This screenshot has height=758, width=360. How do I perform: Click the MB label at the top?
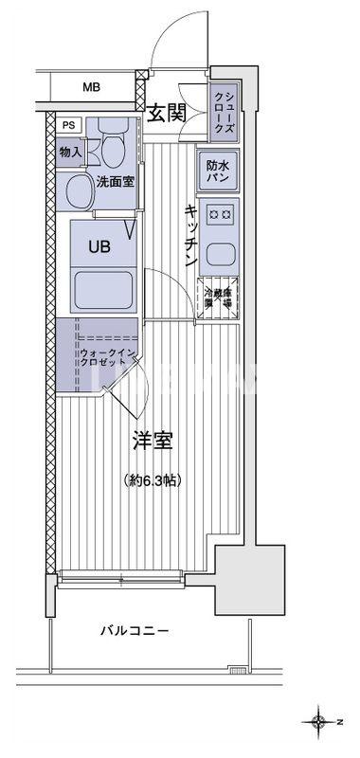[90, 88]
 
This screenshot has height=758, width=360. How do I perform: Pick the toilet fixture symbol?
[114, 147]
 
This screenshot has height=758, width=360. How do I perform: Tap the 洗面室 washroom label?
[114, 180]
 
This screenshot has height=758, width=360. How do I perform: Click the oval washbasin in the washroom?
[79, 193]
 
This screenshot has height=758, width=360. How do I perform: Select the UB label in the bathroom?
[99, 246]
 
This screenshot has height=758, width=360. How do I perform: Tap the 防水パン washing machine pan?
[217, 171]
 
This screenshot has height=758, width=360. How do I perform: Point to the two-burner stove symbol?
[220, 215]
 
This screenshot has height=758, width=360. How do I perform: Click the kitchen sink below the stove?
[220, 254]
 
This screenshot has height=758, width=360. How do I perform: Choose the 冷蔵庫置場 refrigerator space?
[218, 297]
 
